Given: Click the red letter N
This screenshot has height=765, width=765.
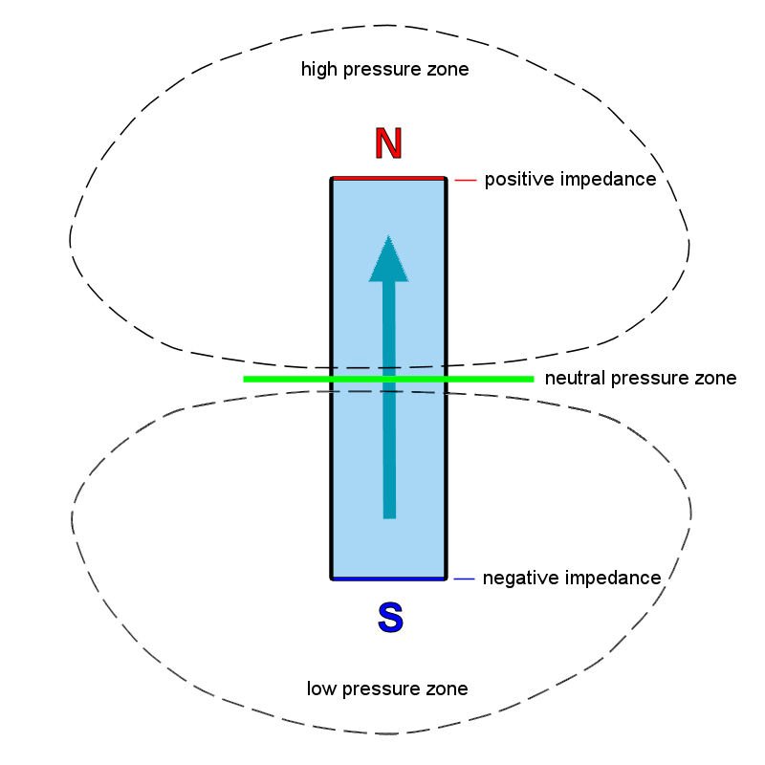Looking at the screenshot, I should [388, 143].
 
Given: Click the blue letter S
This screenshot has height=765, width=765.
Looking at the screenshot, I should [390, 617].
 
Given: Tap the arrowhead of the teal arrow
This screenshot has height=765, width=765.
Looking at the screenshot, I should [388, 259].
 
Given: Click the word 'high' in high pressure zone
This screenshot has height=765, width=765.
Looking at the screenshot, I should [318, 70].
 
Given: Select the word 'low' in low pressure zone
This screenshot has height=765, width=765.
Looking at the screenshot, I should [321, 688].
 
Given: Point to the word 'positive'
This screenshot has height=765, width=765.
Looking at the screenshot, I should [515, 180].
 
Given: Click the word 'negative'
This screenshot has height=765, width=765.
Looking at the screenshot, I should [517, 579].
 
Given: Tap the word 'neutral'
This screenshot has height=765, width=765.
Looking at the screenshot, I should [571, 379].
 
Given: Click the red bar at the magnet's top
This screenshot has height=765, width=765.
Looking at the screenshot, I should [388, 178].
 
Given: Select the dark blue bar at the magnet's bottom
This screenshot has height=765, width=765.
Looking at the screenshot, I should [388, 579].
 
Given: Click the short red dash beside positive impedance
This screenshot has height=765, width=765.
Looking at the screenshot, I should [465, 179].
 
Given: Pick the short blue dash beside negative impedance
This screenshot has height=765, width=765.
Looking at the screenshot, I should [464, 579].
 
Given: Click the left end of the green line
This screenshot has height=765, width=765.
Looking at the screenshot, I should [247, 379].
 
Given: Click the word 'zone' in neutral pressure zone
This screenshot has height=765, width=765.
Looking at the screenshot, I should [716, 379].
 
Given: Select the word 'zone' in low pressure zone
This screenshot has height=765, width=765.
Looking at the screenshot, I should [448, 688].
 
